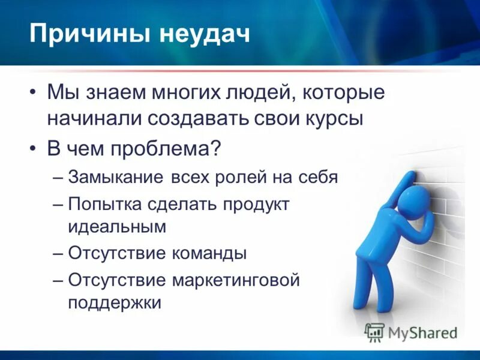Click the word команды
pyautogui.click(x=210, y=253)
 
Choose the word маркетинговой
pyautogui.click(x=235, y=280)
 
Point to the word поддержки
pyautogui.click(x=115, y=302)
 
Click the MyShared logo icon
pyautogui.click(x=375, y=332)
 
